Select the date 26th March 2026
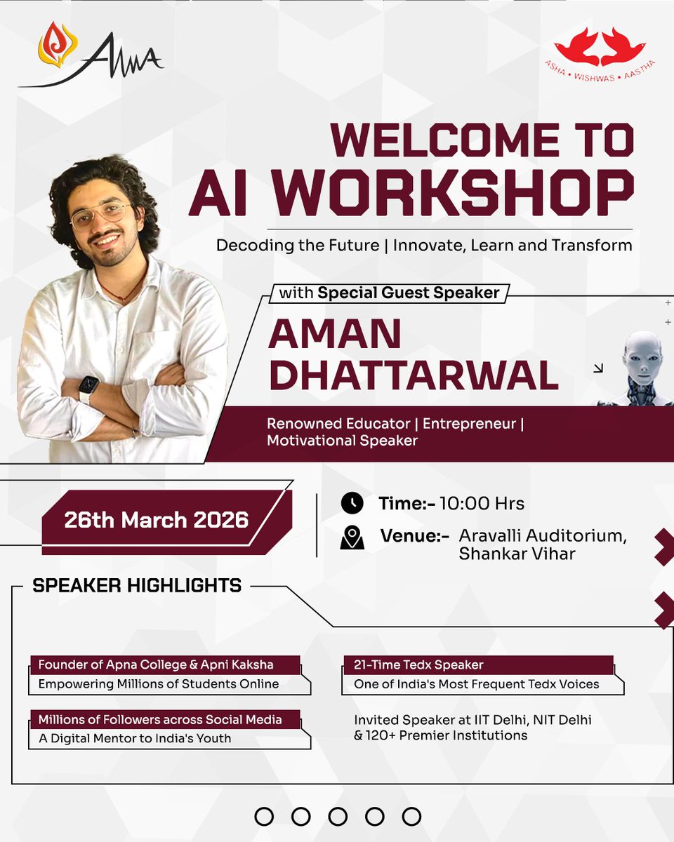point(156,520)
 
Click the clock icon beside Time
point(352,503)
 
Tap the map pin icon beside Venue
point(352,537)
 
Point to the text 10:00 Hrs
point(491,504)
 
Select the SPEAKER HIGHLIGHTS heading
point(137,585)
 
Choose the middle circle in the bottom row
point(338,816)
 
